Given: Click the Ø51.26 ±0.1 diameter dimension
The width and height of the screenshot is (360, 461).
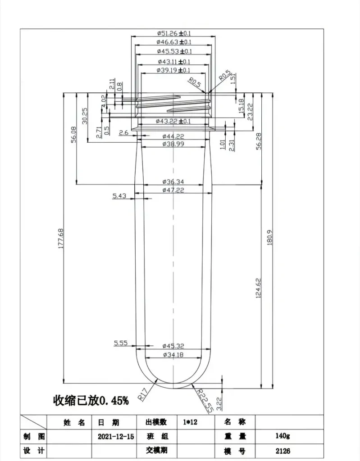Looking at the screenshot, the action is point(173,33).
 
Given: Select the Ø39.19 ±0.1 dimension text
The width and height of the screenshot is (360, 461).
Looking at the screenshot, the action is point(173,70).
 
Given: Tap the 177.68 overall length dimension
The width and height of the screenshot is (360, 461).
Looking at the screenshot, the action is point(61,239).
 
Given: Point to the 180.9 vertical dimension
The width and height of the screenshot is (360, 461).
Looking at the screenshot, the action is point(270,238).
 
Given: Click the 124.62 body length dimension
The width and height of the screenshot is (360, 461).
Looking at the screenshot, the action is point(258,288).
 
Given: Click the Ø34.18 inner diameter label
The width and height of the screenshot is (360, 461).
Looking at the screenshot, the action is point(173,355).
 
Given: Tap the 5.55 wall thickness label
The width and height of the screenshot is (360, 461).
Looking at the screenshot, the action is point(121,343).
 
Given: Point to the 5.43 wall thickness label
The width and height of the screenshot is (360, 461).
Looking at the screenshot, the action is point(119,196).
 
